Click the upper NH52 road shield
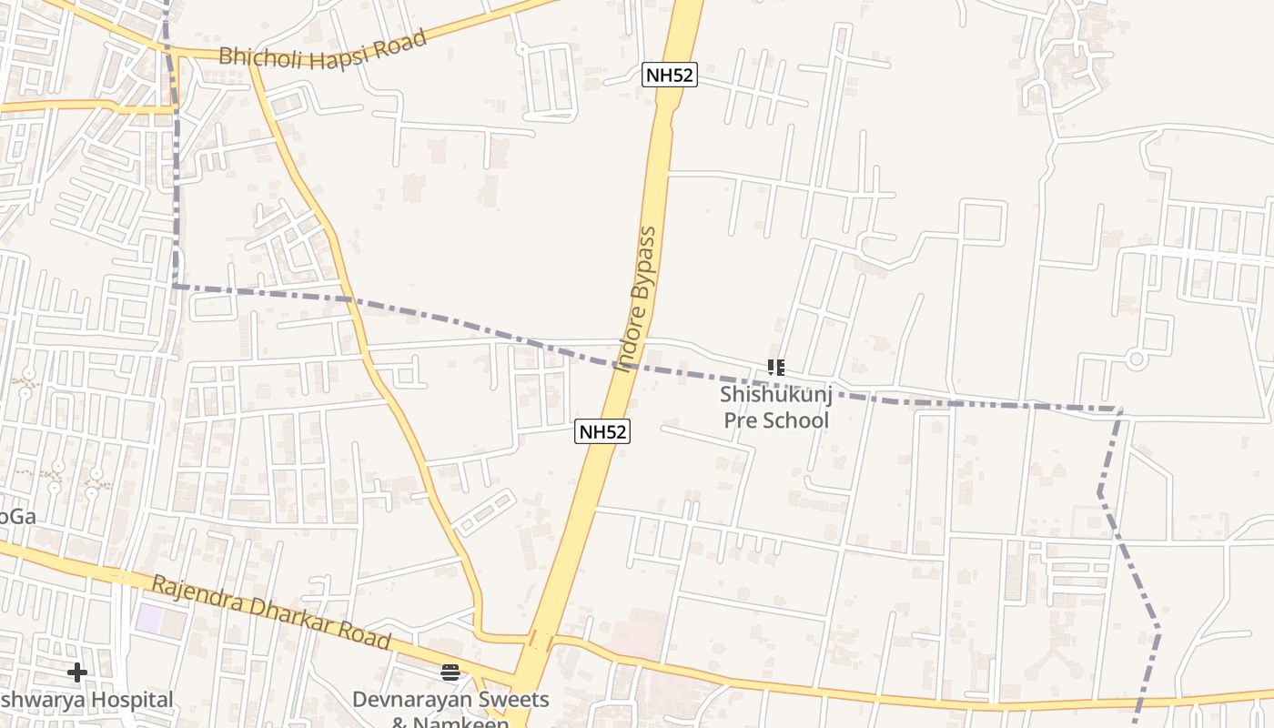[x=670, y=75]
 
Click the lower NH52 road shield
[x=602, y=431]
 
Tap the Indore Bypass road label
[x=636, y=299]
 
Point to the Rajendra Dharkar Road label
[x=271, y=612]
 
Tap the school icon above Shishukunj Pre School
[x=775, y=368]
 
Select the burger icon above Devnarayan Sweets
[x=450, y=672]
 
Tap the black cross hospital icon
[x=77, y=672]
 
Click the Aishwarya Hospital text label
[x=86, y=700]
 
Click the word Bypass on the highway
[x=643, y=264]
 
